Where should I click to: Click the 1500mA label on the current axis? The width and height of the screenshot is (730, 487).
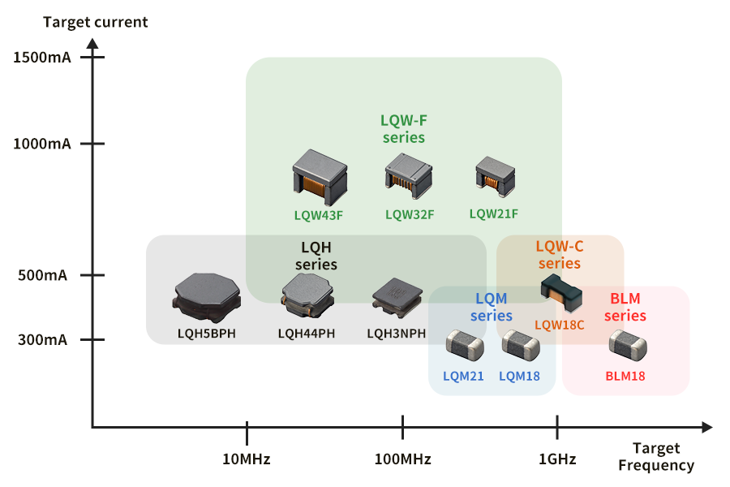(x=42, y=58)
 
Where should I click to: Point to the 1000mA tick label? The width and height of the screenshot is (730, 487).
(x=42, y=144)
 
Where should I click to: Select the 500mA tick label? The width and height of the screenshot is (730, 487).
(x=42, y=275)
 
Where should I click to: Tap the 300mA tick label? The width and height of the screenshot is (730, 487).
(x=42, y=340)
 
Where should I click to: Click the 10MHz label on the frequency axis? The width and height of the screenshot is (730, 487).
(x=246, y=459)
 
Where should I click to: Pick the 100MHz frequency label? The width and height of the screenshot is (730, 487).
(x=402, y=459)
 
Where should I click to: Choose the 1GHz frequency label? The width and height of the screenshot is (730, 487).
(x=557, y=459)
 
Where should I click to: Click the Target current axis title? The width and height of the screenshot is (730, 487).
(x=96, y=22)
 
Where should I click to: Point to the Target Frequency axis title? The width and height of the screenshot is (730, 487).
(x=656, y=457)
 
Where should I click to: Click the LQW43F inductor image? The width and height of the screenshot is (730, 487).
(x=319, y=176)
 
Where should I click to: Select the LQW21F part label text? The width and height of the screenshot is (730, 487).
(x=493, y=214)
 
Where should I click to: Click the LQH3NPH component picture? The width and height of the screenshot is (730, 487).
(x=397, y=296)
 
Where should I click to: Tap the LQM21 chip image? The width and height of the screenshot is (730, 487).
(x=465, y=346)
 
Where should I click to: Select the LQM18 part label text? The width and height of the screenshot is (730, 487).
(x=519, y=376)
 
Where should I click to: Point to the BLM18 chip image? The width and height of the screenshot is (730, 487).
(x=628, y=345)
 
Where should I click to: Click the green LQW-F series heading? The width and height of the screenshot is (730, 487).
(x=403, y=129)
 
